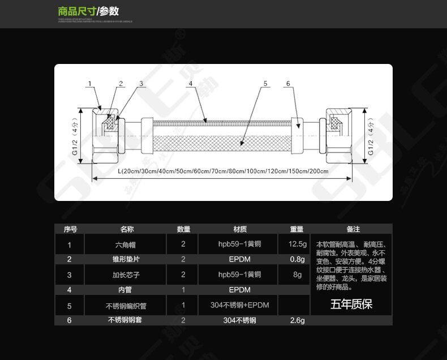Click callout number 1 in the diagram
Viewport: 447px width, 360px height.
tap(89, 84)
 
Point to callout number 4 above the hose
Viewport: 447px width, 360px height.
tap(191, 84)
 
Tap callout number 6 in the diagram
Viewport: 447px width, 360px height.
tap(287, 84)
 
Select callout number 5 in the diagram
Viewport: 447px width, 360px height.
tap(265, 84)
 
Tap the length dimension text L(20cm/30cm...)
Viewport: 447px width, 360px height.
tap(223, 171)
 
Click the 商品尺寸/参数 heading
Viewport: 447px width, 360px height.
tap(88, 11)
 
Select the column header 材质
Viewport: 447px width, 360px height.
tap(240, 229)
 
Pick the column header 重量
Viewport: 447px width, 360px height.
tap(297, 229)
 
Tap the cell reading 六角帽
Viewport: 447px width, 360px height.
tap(125, 245)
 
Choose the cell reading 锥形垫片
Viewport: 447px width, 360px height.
tap(125, 259)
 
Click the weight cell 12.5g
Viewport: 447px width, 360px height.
tap(297, 245)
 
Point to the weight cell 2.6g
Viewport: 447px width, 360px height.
tap(297, 320)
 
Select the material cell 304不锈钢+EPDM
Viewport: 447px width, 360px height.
tap(240, 305)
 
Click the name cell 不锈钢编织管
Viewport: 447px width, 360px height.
tap(126, 306)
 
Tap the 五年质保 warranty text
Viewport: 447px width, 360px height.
tap(351, 305)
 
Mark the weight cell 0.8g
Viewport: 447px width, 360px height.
tap(297, 259)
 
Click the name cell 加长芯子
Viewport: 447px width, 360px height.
tap(125, 275)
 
